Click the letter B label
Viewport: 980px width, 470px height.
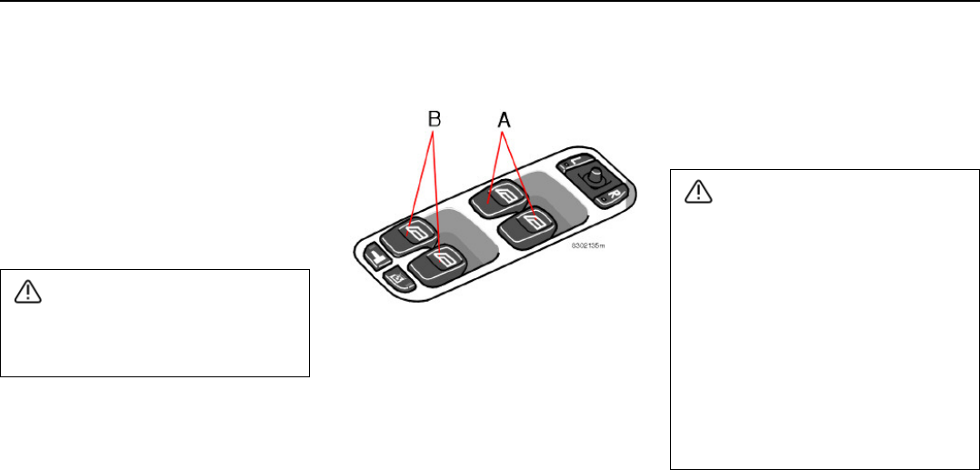[x=435, y=118]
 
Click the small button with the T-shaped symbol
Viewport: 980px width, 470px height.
[x=375, y=256]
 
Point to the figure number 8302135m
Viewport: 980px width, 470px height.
[x=587, y=245]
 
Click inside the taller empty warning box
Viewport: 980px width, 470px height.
[x=823, y=336]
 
